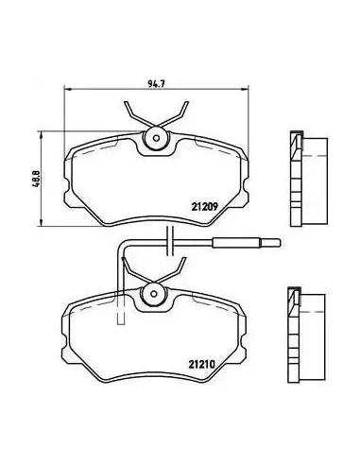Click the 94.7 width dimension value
[157, 84]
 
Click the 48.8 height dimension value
[35, 179]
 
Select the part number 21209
[205, 207]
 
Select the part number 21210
[202, 365]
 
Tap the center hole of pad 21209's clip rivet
[156, 138]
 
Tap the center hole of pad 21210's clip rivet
[154, 294]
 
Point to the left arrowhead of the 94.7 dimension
[68, 90]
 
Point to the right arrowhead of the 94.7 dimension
[245, 90]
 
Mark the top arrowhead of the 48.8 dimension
[41, 135]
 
